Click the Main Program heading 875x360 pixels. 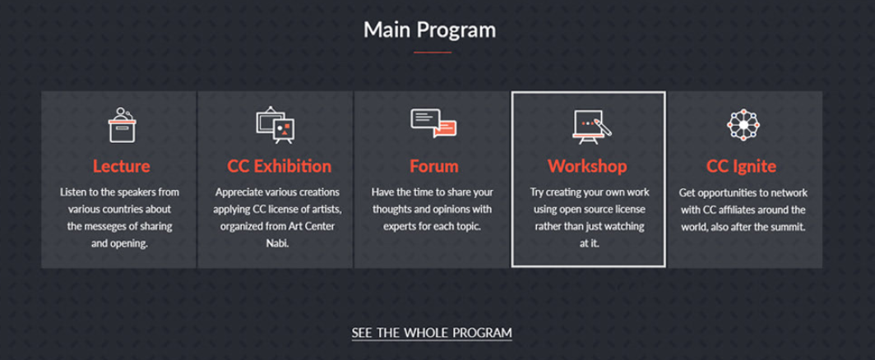[429, 30]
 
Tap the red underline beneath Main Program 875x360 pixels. [433, 53]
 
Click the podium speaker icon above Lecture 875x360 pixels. [122, 125]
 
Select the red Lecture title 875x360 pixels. [121, 166]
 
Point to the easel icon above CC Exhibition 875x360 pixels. [275, 125]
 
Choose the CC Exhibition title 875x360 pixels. [279, 166]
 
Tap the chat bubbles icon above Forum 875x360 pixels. [433, 124]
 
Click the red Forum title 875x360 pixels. [433, 166]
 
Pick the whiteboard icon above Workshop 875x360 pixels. [589, 125]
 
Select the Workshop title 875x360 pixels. [587, 166]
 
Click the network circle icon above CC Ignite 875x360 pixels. [743, 124]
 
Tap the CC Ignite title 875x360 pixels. [740, 166]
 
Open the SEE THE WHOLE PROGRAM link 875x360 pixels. [432, 333]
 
